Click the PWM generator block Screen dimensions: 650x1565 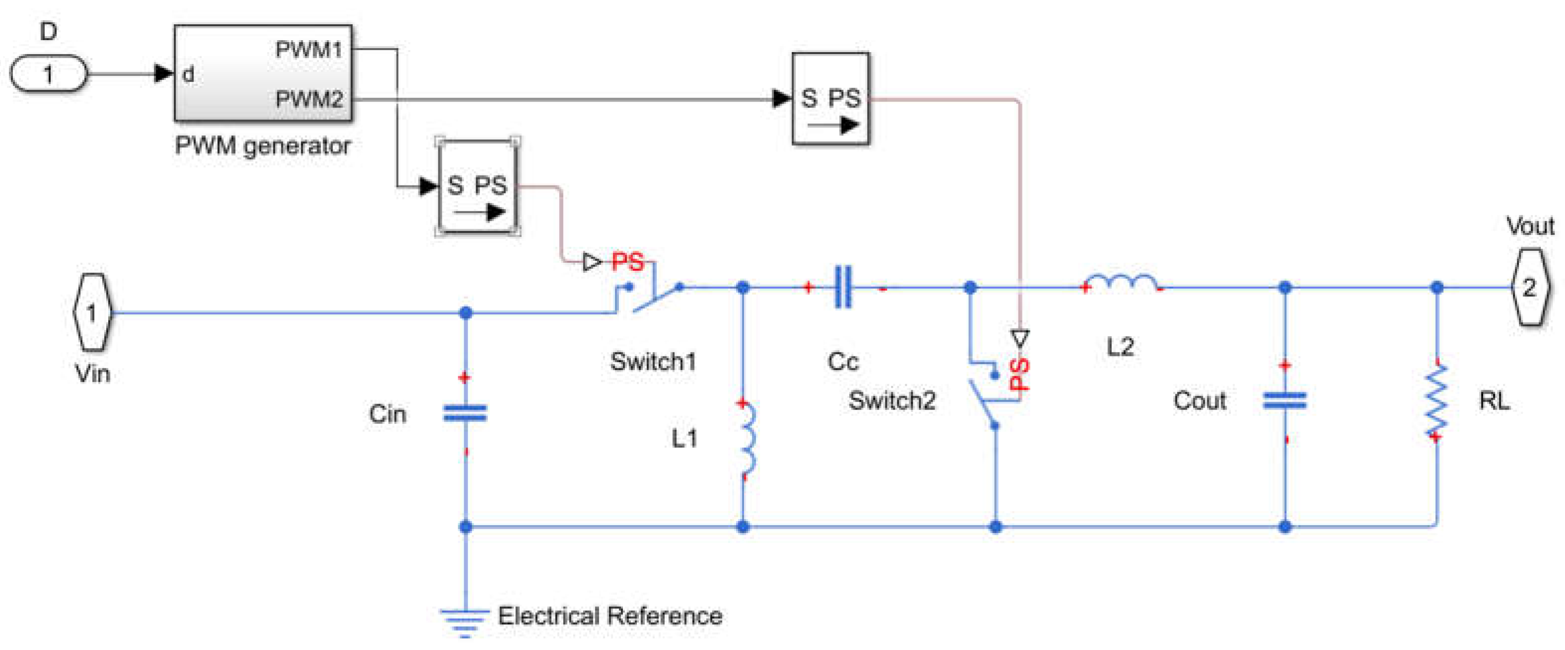coord(263,73)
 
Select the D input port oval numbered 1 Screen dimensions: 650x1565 coord(49,74)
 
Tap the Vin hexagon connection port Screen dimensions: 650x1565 coord(92,312)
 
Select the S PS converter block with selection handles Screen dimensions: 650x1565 coord(477,186)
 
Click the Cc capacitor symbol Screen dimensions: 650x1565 coord(843,287)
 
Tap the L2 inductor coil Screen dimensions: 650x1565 coord(1121,283)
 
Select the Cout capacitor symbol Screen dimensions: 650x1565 coord(1285,401)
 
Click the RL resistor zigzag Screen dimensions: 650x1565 coord(1437,401)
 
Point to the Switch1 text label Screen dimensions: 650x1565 coord(653,362)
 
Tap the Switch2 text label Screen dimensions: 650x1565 coord(892,401)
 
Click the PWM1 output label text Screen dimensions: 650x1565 coord(309,50)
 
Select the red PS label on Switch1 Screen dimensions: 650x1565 coord(627,262)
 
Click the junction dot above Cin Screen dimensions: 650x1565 coord(466,312)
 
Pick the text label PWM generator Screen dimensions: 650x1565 coord(263,146)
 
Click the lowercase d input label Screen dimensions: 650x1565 coord(188,75)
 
